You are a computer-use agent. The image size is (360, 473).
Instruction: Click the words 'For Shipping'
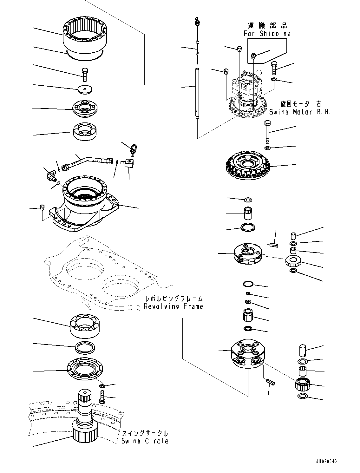click(267, 33)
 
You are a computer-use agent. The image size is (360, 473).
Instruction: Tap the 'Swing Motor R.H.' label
click(299, 112)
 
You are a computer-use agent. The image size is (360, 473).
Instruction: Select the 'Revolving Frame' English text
click(173, 306)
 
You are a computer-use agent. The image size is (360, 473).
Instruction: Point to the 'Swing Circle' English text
click(145, 441)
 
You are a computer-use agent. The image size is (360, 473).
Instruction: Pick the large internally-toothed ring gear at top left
click(85, 36)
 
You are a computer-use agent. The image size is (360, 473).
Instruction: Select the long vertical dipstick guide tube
click(198, 94)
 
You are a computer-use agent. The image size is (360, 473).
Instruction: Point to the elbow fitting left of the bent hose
click(50, 174)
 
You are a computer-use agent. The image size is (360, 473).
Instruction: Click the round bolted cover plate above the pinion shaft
click(85, 369)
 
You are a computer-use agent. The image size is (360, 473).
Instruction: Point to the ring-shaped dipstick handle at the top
click(197, 22)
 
